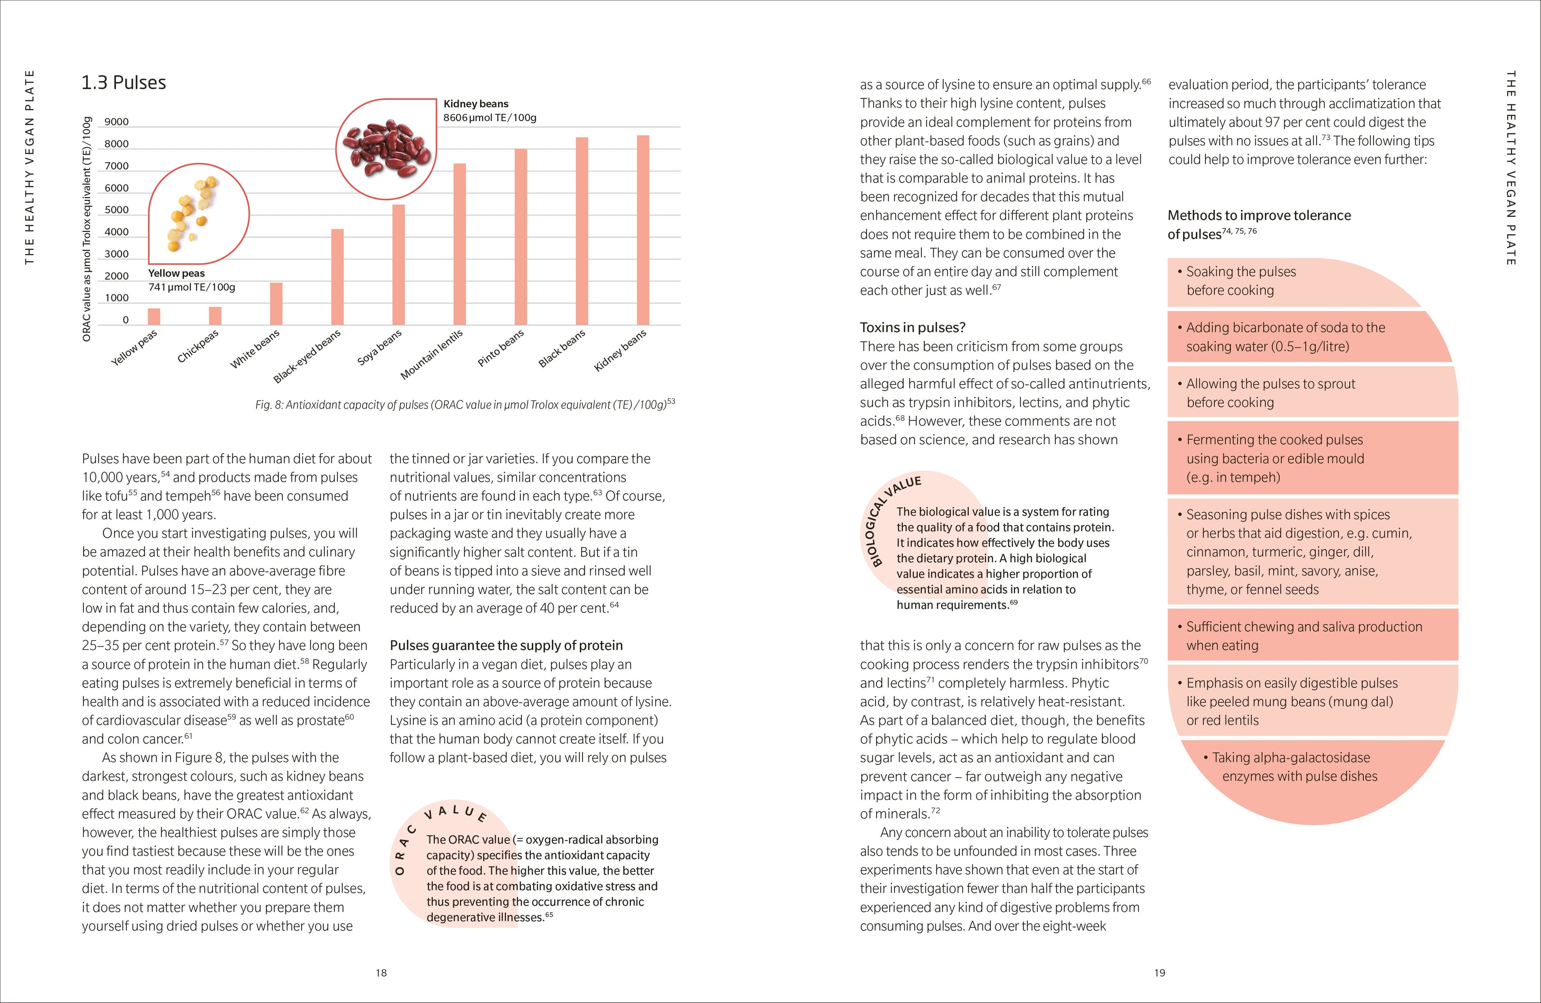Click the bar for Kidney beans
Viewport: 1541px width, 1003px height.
(642, 230)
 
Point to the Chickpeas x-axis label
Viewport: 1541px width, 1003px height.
(198, 346)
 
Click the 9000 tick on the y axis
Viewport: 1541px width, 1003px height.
(116, 122)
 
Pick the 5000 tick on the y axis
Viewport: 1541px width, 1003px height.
(116, 210)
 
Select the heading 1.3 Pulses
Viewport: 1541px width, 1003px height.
(123, 83)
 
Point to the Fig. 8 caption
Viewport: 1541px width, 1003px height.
(465, 405)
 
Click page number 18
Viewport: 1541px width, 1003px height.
(381, 972)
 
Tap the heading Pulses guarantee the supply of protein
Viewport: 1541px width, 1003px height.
(506, 645)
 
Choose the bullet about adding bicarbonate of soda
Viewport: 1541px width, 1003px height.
(1285, 337)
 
